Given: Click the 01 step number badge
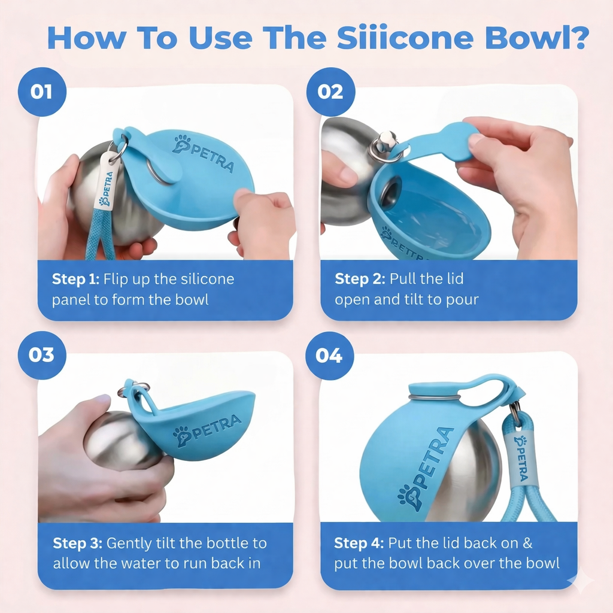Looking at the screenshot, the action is point(42,92).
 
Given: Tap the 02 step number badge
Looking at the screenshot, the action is point(330,92).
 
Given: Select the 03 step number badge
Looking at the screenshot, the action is point(42,355).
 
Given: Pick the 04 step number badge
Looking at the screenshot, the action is point(329,356).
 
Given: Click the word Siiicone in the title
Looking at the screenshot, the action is point(405,38).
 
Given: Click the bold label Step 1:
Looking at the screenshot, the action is point(75,279).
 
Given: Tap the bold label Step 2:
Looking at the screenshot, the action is point(360,279).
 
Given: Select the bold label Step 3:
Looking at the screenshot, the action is point(77,543).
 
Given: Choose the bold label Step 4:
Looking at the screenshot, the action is point(359,543).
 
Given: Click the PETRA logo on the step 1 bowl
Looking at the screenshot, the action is point(204,153).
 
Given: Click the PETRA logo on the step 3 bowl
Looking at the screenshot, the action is point(207,430).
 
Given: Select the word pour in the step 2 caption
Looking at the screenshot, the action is point(463,300).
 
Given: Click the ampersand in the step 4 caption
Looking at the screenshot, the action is point(527,543).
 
